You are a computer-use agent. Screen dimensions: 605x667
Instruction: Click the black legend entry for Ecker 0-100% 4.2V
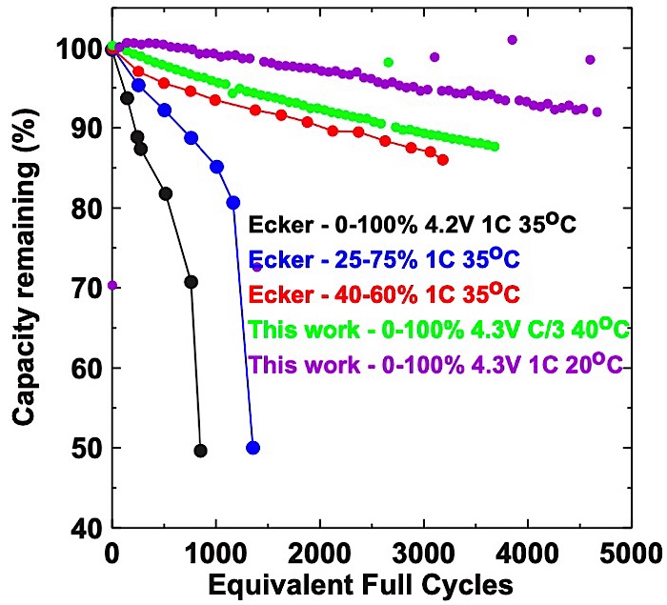coord(424,226)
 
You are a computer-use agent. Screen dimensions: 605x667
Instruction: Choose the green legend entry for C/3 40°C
coord(439,330)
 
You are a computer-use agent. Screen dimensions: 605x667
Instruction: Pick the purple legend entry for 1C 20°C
coord(435,364)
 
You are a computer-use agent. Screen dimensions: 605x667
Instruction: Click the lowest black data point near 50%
coord(200,450)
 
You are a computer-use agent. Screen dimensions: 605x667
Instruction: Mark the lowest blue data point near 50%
coord(253,448)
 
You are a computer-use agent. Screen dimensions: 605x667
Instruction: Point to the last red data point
coord(442,160)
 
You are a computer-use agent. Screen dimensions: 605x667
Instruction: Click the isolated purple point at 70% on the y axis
coord(112,285)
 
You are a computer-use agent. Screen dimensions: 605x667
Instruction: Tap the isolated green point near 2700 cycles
coord(388,62)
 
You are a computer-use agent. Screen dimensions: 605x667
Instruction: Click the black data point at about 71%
coord(191,282)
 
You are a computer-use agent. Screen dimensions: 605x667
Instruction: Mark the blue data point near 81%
coord(233,202)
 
